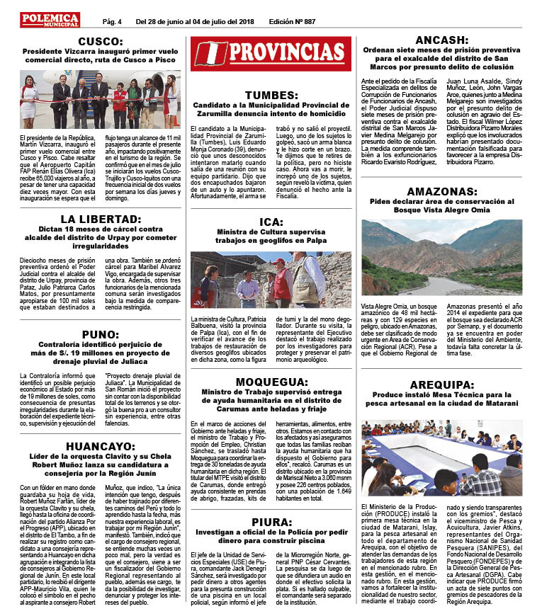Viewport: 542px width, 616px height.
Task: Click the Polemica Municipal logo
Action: (x=49, y=19)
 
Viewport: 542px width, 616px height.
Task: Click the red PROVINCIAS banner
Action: (x=271, y=53)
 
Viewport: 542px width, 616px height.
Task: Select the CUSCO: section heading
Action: (x=100, y=42)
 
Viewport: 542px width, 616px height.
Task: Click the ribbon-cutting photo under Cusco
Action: (x=100, y=100)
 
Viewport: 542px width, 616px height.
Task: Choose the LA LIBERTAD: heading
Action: (x=100, y=219)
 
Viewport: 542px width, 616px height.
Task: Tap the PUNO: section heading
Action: (x=100, y=334)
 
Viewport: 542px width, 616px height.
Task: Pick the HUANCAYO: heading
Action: (x=100, y=446)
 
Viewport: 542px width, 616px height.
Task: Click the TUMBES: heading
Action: (x=271, y=96)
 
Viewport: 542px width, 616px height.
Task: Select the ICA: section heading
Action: (x=271, y=222)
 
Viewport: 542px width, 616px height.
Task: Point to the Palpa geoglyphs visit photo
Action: (x=271, y=279)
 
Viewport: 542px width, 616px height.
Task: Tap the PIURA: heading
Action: (x=271, y=522)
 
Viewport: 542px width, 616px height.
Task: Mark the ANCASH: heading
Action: (x=441, y=40)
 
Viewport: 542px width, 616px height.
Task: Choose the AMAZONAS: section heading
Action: (x=441, y=190)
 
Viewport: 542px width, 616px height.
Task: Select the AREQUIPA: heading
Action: (x=441, y=384)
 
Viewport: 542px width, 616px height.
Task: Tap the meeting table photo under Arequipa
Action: (x=441, y=458)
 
